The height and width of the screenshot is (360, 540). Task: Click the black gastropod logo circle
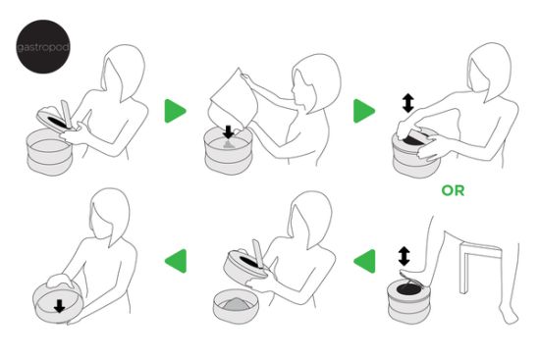coord(43,46)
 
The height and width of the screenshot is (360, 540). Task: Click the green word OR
coord(453,190)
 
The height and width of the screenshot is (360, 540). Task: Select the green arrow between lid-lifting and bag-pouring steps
coord(176,111)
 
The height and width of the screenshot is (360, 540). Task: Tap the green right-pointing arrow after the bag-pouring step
coord(364,111)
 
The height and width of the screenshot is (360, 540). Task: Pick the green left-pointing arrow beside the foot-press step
coord(364,261)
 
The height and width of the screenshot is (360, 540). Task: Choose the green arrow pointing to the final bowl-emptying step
coord(176,261)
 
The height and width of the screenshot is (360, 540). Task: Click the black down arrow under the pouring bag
coord(228,132)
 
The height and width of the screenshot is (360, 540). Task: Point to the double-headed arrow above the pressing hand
coord(408,103)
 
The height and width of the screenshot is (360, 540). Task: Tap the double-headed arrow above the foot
coord(404,256)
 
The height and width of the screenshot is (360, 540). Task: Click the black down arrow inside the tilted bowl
coord(60,306)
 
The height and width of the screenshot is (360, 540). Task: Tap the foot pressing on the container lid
coord(413,275)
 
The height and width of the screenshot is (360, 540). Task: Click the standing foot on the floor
coord(509,314)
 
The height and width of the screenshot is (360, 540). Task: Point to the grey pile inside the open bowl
coord(235,305)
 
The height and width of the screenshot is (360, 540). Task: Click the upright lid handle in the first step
coord(67,114)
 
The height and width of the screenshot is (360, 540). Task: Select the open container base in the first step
coord(50,152)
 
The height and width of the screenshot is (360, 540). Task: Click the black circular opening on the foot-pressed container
coord(409,288)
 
